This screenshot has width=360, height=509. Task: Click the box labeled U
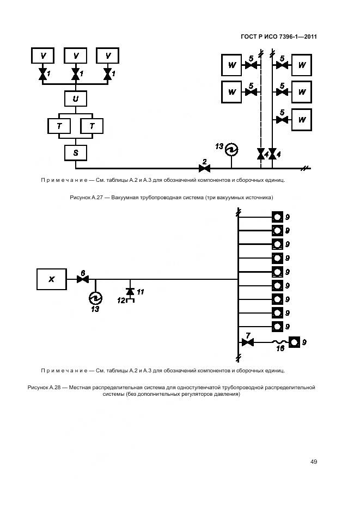pos(75,99)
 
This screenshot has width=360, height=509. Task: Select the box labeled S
pos(75,153)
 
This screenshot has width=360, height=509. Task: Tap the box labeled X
pos(52,279)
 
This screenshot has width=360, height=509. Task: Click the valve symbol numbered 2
pos(205,168)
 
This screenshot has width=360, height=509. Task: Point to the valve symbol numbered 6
pos(83,279)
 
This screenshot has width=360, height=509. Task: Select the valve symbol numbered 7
pos(248,342)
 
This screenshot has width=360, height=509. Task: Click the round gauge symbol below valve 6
pos(96,297)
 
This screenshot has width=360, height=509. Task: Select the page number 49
pos(314,462)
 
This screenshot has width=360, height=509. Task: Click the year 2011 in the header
pos(308,37)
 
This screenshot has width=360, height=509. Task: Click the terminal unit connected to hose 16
pos(294,342)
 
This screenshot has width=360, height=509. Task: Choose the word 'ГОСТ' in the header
pos(250,37)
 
